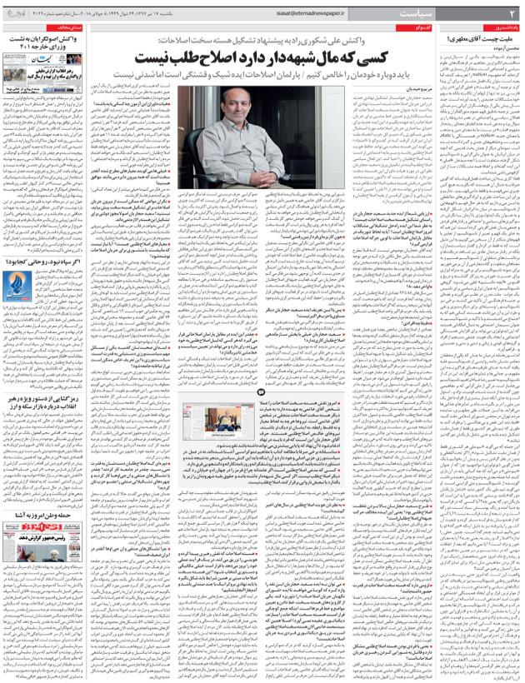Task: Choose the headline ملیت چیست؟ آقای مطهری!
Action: click(x=483, y=39)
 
